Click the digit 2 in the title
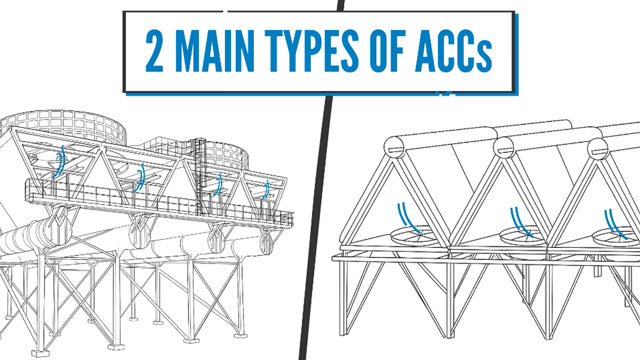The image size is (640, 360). pyautogui.click(x=154, y=51)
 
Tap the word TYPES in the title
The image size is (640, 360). pyautogui.click(x=311, y=51)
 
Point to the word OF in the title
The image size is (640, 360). pyautogui.click(x=387, y=51)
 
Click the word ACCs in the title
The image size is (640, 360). pyautogui.click(x=453, y=51)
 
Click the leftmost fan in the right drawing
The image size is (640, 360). pyautogui.click(x=412, y=236)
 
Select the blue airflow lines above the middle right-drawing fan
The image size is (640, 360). pyautogui.click(x=520, y=223)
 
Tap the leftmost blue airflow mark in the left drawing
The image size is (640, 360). pyautogui.click(x=60, y=162)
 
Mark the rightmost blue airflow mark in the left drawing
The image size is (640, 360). pyautogui.click(x=266, y=190)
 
